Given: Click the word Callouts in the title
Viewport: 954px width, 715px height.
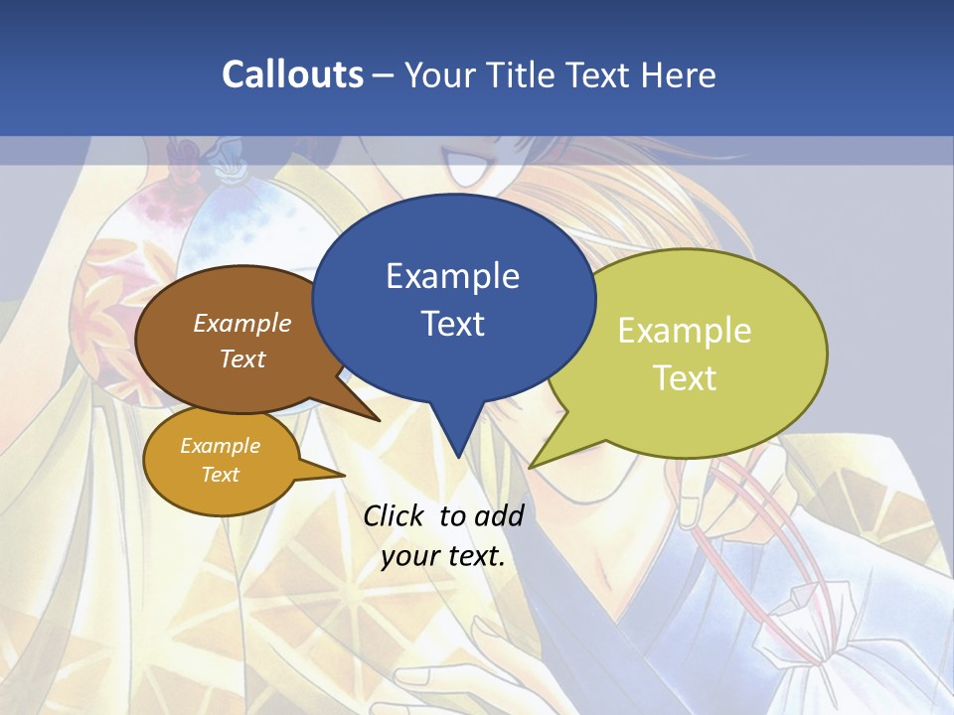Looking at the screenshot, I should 292,74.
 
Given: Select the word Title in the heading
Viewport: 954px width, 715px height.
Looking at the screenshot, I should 524,74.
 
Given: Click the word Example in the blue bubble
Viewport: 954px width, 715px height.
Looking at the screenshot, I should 452,276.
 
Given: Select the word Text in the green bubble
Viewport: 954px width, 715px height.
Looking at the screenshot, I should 685,377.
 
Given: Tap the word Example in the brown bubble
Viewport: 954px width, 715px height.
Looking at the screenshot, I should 242,323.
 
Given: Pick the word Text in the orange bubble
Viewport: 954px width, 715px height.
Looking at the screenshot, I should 221,475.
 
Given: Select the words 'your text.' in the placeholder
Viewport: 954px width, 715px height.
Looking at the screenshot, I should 443,556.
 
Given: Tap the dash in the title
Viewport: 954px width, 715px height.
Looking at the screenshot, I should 384,75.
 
